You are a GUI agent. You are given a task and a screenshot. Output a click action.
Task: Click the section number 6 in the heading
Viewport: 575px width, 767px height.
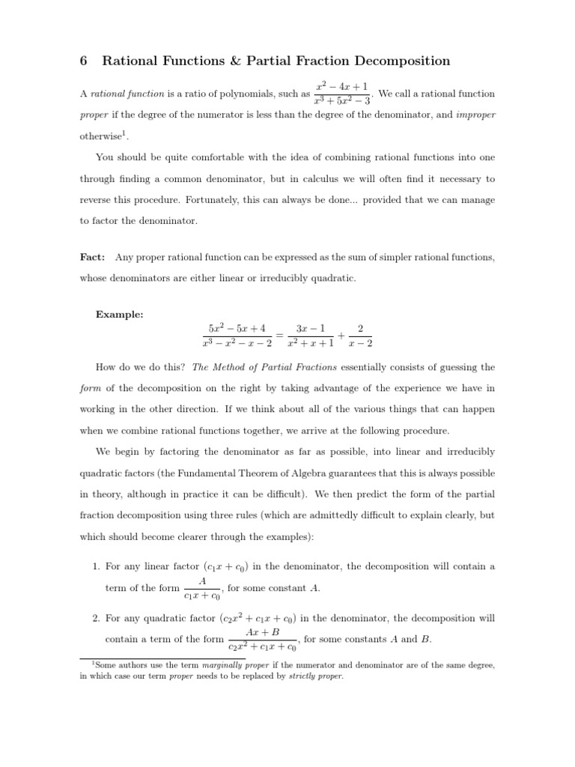click(85, 61)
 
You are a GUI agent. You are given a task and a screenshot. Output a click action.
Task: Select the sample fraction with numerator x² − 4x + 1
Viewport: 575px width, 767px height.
click(342, 94)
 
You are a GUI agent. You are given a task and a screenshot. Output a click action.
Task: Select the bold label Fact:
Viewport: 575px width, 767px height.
click(92, 257)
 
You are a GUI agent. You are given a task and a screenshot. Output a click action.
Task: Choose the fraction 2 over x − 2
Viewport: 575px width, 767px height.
click(361, 336)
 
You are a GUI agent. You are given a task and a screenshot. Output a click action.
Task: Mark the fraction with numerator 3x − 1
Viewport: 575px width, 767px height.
click(311, 336)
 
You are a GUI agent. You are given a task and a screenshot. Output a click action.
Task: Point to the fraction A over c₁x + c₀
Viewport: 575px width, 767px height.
click(202, 589)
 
